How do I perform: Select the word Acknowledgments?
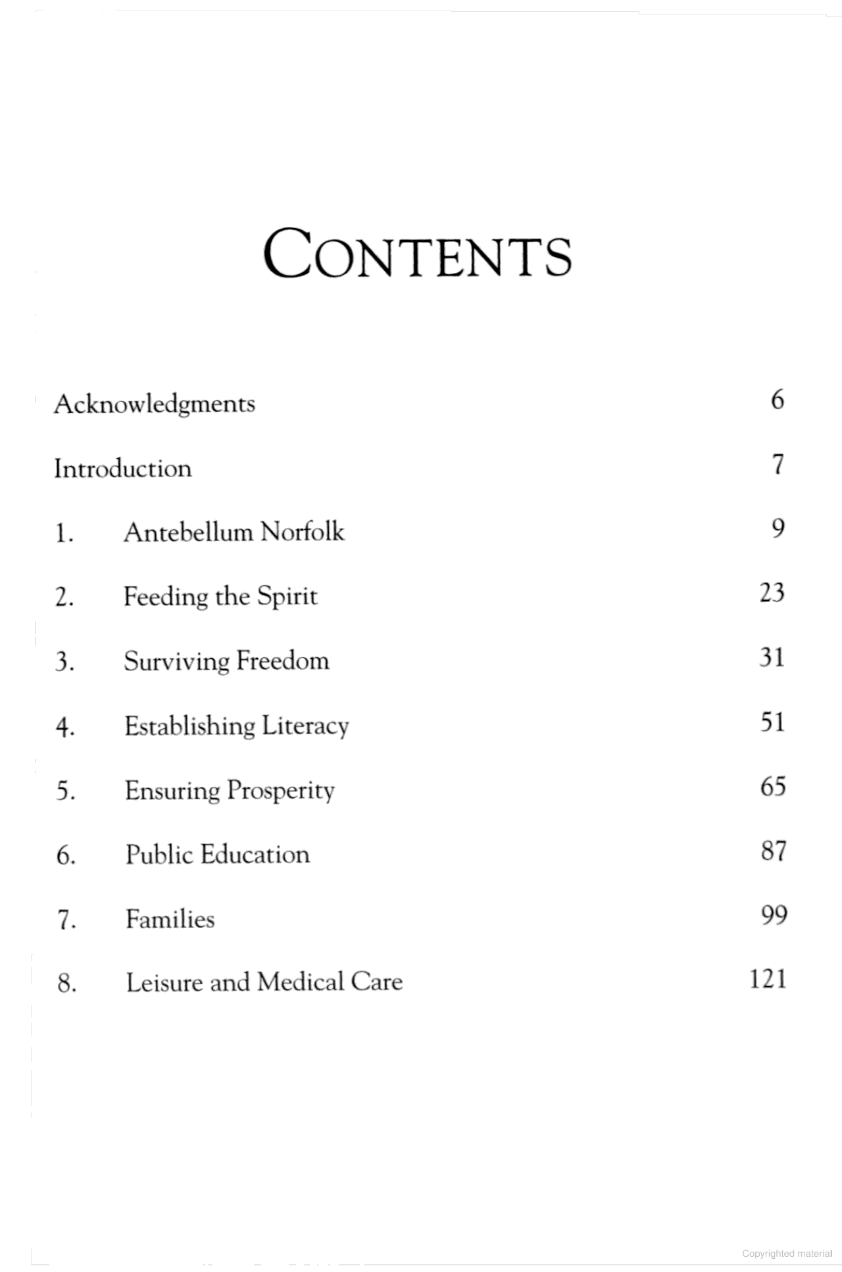155,404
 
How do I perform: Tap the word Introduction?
123,469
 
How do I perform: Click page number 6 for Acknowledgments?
778,400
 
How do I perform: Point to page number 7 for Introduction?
778,465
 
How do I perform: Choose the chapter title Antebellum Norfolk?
234,532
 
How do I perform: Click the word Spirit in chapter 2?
287,597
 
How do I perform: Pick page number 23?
772,593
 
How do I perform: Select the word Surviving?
176,661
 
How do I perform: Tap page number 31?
772,657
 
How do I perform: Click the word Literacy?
305,726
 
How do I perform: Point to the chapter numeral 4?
64,728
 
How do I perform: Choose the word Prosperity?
281,791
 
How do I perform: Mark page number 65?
773,787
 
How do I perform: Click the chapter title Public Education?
218,855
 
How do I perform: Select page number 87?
774,851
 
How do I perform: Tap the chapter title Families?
170,919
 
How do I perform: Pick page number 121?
768,979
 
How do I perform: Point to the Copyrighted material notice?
787,1254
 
